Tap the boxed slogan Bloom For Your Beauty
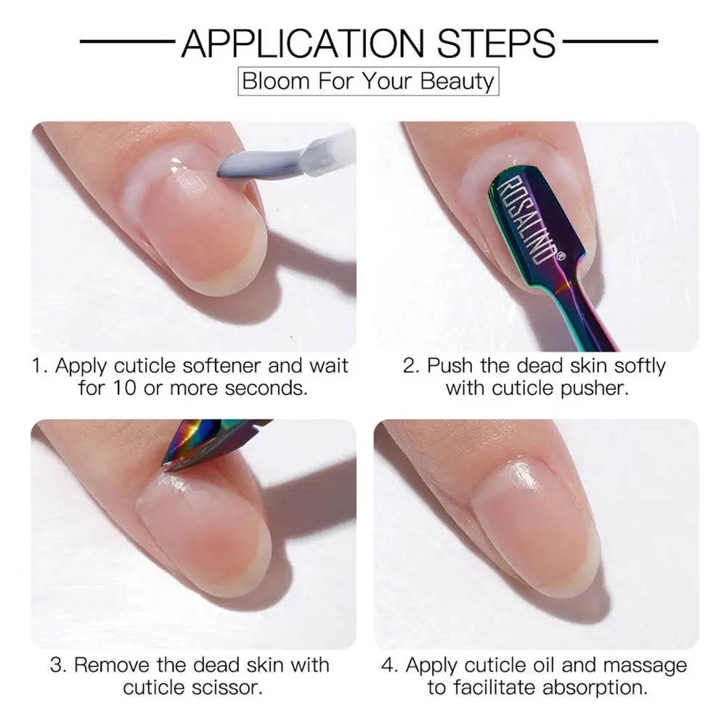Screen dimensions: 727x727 click(x=368, y=81)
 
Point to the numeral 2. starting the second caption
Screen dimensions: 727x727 click(x=412, y=365)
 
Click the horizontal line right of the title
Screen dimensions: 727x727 click(x=610, y=41)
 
